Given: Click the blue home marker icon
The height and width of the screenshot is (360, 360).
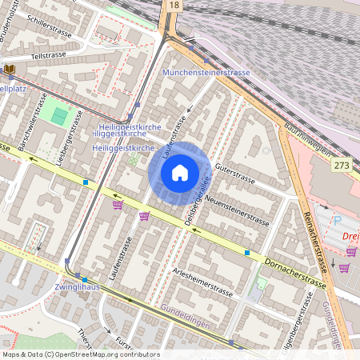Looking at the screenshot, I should pyautogui.click(x=180, y=172).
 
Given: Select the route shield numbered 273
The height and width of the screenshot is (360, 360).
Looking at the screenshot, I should pyautogui.click(x=342, y=165).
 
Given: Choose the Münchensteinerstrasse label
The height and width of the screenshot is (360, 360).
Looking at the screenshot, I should pyautogui.click(x=206, y=72).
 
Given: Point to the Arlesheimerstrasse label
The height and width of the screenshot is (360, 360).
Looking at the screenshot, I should pyautogui.click(x=205, y=285).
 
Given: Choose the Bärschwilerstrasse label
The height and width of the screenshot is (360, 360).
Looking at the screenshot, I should pyautogui.click(x=34, y=131).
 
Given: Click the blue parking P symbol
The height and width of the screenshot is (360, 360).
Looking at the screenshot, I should pyautogui.click(x=336, y=218).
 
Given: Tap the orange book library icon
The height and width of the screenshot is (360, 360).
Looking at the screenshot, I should pyautogui.click(x=9, y=70).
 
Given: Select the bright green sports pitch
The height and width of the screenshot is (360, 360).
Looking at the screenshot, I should pyautogui.click(x=59, y=115).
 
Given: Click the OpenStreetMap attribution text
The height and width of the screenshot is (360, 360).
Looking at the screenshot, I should pyautogui.click(x=81, y=354).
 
